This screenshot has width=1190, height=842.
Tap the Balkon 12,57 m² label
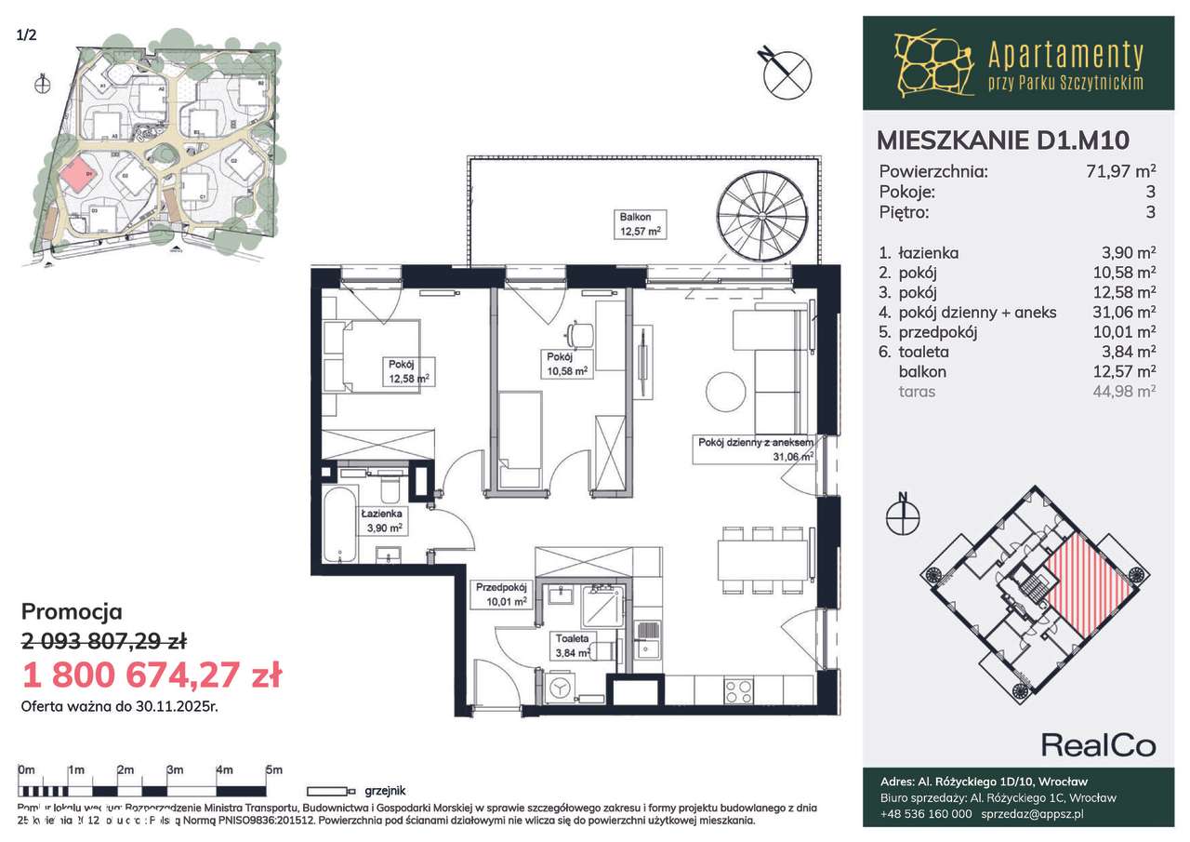(640, 224)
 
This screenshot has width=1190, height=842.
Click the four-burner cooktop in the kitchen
(738, 691)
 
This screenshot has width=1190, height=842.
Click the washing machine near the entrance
(560, 688)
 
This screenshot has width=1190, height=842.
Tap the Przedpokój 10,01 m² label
(502, 594)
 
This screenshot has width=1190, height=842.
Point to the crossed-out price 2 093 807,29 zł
(104, 640)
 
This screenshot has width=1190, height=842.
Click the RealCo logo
(1097, 744)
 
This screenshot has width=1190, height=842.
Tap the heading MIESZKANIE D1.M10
(1003, 140)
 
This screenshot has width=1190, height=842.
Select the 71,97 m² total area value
(1121, 171)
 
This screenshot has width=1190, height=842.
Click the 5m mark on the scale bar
(273, 770)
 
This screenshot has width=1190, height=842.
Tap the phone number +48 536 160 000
(926, 813)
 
